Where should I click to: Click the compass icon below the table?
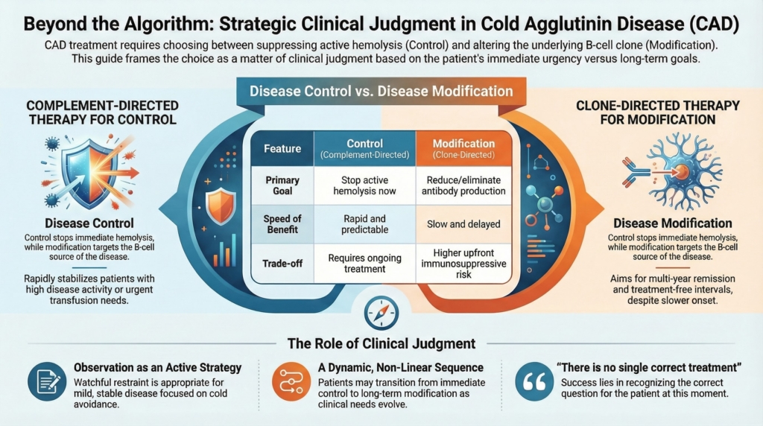pyautogui.click(x=381, y=313)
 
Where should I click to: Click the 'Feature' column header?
pyautogui.click(x=282, y=147)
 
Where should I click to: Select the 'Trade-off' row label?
pyautogui.click(x=282, y=263)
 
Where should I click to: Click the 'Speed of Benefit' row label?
pyautogui.click(x=282, y=223)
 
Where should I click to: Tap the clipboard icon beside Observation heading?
pyautogui.click(x=47, y=381)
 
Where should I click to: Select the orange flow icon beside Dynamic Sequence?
pyautogui.click(x=287, y=381)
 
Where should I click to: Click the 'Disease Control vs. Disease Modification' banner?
pyautogui.click(x=381, y=92)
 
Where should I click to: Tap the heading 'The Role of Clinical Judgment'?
pyautogui.click(x=381, y=343)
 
